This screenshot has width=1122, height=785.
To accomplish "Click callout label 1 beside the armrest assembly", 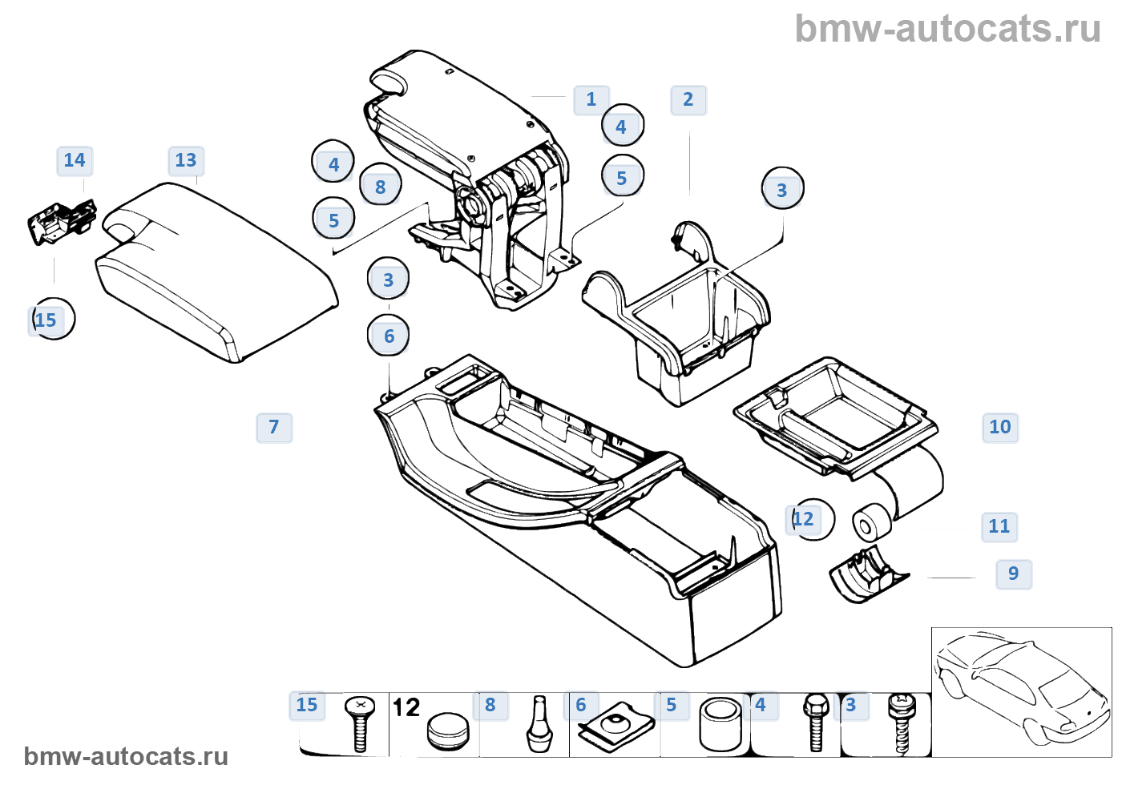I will (x=591, y=100).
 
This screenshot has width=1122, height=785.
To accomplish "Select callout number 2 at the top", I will (x=688, y=100).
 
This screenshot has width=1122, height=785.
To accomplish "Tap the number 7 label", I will (x=274, y=427).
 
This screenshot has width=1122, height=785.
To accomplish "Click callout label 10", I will (x=1000, y=427).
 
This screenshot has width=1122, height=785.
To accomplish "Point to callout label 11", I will (x=999, y=526).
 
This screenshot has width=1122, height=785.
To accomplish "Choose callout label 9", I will (x=1014, y=574).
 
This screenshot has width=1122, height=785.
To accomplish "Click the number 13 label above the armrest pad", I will (x=186, y=161).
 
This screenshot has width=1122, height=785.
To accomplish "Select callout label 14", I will (x=75, y=161).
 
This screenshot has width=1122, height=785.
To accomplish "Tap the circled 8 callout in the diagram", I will (x=381, y=187).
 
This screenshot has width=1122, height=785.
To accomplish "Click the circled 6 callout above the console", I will (x=389, y=336).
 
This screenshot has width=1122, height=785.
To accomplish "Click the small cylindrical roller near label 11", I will (x=870, y=525).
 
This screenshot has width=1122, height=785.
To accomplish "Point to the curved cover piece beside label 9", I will (x=866, y=574).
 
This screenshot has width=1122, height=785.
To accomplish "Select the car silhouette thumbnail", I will (x=1021, y=690).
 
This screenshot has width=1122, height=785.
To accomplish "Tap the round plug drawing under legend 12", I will (x=447, y=731).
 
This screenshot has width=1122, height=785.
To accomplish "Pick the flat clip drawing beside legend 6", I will (x=615, y=727).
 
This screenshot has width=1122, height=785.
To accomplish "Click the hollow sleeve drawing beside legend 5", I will (x=720, y=725).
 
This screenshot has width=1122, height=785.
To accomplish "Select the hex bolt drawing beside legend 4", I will (x=816, y=723).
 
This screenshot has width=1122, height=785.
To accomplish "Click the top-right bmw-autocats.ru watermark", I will (x=947, y=29).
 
